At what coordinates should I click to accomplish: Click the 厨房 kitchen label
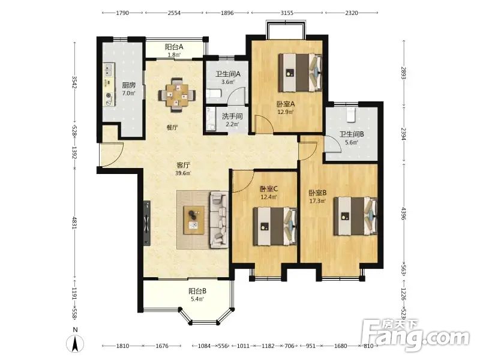[129, 85]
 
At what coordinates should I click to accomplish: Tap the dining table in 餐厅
[177, 95]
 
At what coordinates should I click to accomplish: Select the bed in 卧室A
[301, 73]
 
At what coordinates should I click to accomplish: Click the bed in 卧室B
[355, 216]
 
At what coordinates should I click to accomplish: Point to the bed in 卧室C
[275, 226]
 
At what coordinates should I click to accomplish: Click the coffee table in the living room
[194, 220]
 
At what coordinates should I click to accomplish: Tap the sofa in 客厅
[218, 220]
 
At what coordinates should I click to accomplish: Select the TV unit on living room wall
[147, 223]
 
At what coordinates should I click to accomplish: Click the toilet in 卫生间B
[350, 114]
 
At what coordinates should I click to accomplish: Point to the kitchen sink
[109, 70]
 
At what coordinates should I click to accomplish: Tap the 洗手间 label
[232, 116]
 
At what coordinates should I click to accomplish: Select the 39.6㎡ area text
[183, 173]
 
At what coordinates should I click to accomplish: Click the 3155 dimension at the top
[287, 13]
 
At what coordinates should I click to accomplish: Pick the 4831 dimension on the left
[74, 223]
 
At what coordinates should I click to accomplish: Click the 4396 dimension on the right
[404, 214]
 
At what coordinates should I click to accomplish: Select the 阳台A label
[174, 47]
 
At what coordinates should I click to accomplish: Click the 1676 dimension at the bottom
[162, 346]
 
